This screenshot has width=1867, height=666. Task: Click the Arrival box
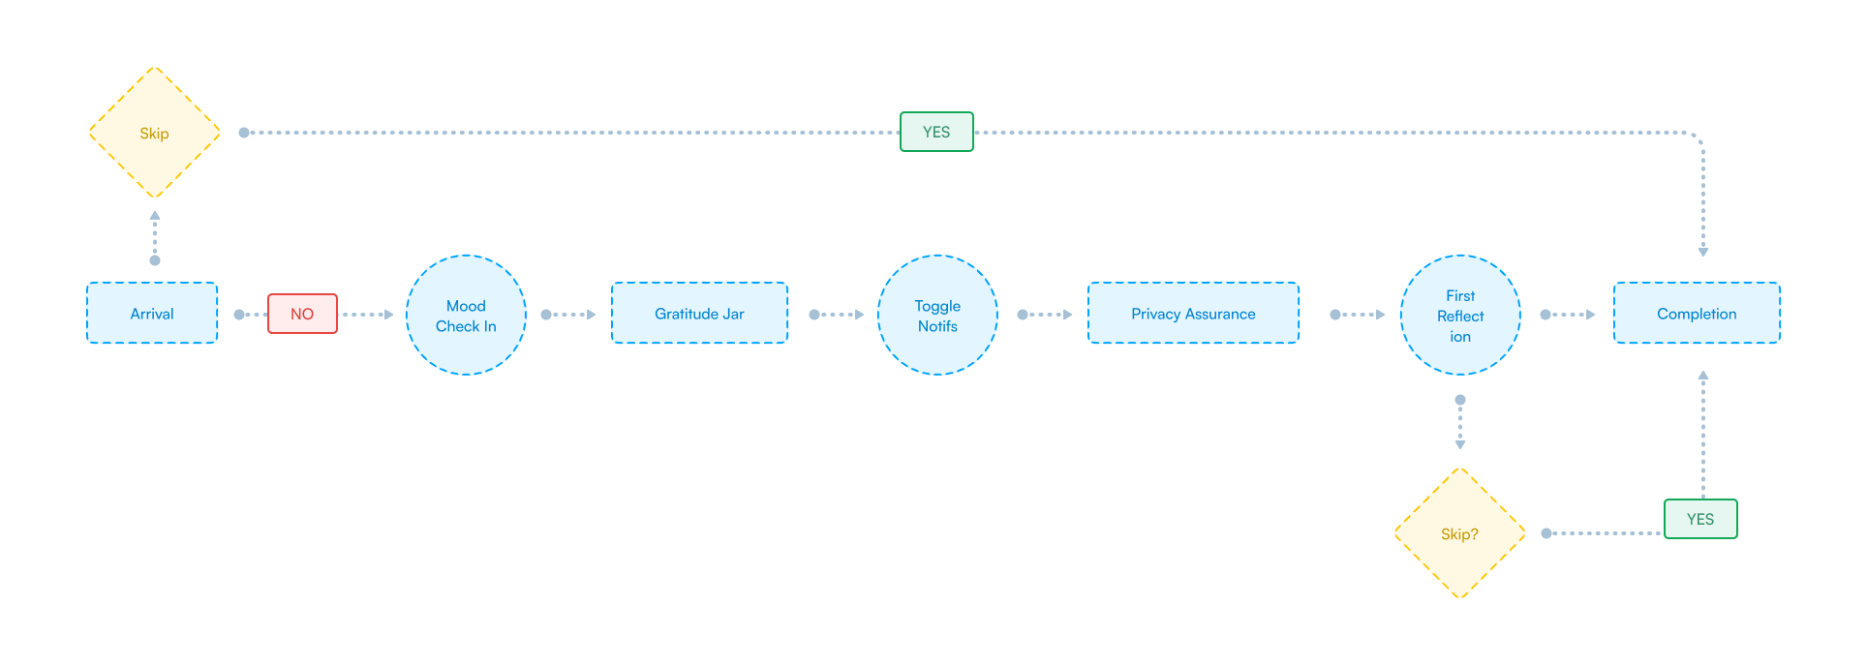(x=152, y=313)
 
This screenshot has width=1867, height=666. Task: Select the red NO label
(x=302, y=314)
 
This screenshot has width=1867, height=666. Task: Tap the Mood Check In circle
(x=466, y=316)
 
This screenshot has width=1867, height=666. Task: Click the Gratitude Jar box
(x=699, y=313)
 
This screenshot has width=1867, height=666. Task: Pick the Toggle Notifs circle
(x=937, y=316)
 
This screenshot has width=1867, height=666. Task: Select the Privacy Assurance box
(x=1193, y=313)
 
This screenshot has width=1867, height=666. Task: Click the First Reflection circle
(x=1460, y=316)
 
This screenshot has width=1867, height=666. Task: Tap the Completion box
(x=1697, y=313)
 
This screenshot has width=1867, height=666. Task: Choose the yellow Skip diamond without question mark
(x=155, y=133)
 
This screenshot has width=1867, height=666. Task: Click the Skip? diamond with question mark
(x=1460, y=533)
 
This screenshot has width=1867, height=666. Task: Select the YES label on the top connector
(x=936, y=132)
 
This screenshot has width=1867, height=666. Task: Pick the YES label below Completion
(x=1700, y=519)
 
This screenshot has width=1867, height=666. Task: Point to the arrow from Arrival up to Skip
(x=155, y=236)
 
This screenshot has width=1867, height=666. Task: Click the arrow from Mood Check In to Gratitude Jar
(x=569, y=315)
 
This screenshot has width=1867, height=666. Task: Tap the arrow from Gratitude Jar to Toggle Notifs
(x=838, y=315)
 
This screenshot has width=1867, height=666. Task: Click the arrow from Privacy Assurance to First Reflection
(x=1359, y=315)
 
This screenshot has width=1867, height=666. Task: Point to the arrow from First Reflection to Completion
(x=1568, y=315)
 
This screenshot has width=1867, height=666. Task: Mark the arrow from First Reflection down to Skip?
(x=1460, y=423)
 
